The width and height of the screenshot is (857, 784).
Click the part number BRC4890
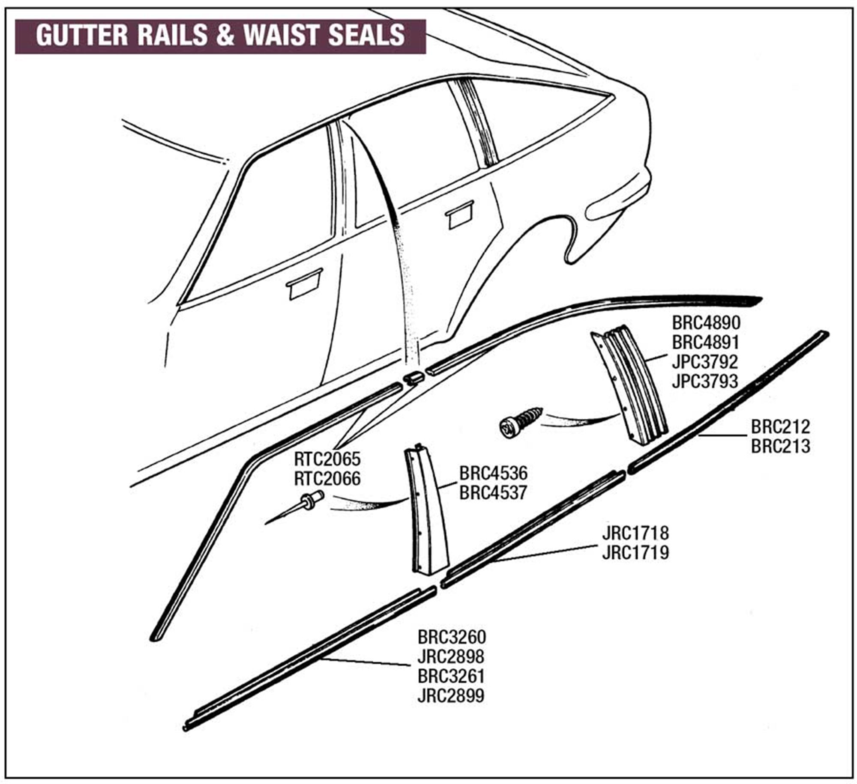click(706, 322)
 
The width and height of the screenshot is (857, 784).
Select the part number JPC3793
click(705, 381)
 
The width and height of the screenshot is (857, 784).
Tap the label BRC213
click(780, 446)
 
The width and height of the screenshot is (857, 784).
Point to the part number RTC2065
click(327, 459)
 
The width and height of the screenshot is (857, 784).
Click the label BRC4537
click(493, 493)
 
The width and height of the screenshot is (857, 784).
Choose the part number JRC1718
click(635, 533)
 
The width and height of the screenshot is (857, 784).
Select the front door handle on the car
click(304, 284)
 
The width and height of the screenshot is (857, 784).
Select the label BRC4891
click(706, 342)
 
